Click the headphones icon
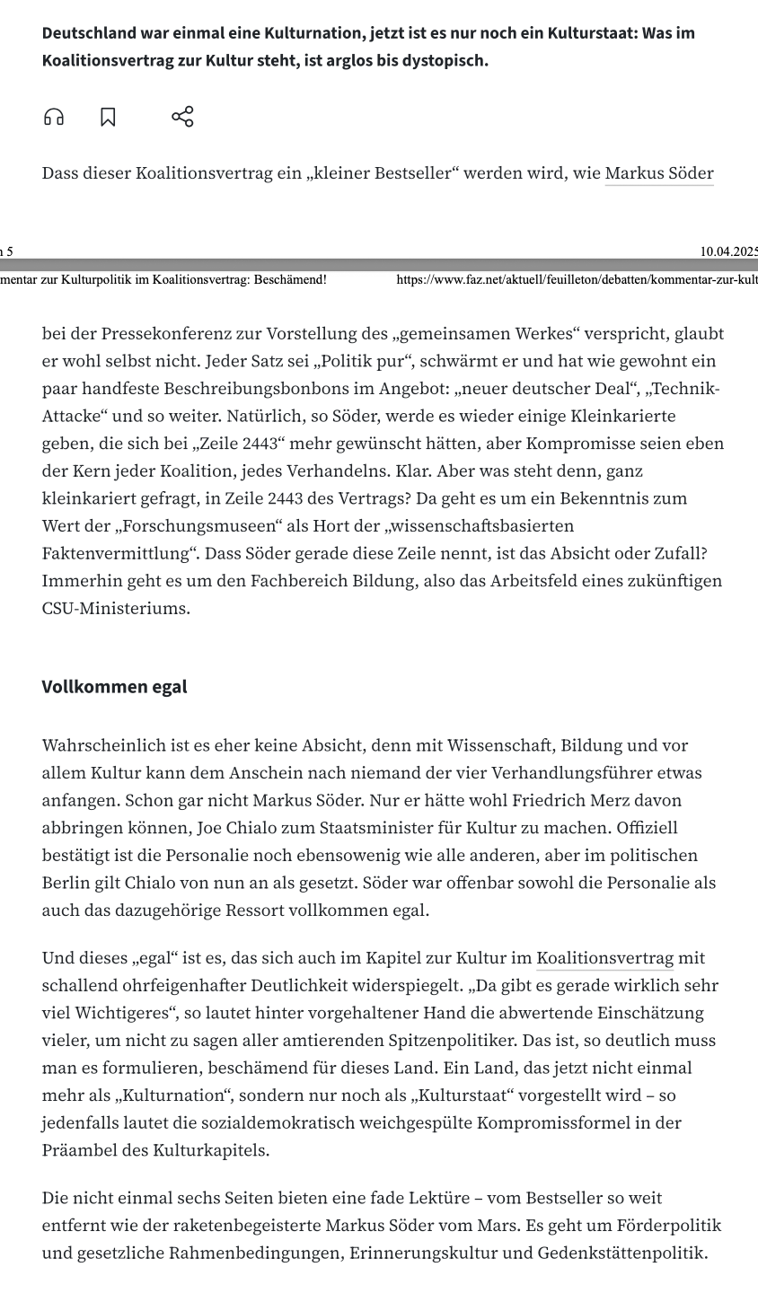(x=54, y=118)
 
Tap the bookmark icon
(x=108, y=118)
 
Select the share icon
(x=182, y=117)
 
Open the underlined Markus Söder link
(x=659, y=173)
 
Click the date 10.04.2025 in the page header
(x=728, y=251)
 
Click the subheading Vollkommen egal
(x=114, y=687)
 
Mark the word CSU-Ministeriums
(x=116, y=608)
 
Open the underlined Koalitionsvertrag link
(x=605, y=958)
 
